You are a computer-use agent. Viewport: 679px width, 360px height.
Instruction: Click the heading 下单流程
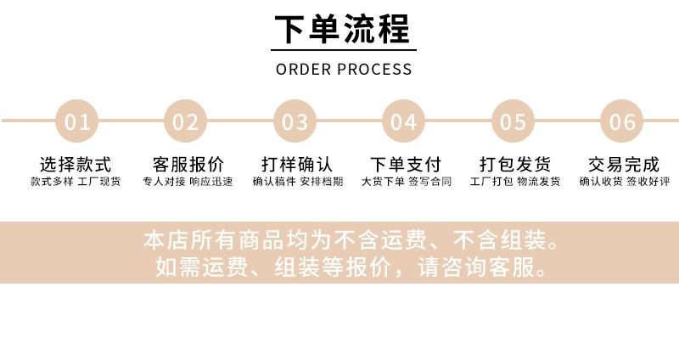click(x=342, y=29)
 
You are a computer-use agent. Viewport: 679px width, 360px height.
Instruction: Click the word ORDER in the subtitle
click(x=304, y=70)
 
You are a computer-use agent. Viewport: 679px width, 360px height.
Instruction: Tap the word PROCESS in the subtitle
click(x=374, y=70)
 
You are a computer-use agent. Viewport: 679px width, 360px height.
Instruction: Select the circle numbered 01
click(x=76, y=121)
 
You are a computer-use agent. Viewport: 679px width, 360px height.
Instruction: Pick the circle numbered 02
click(x=185, y=121)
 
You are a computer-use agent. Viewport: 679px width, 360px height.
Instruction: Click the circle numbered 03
click(x=295, y=121)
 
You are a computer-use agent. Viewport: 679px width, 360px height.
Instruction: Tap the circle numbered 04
click(x=403, y=121)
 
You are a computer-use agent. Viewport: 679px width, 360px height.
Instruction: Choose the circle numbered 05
click(x=513, y=121)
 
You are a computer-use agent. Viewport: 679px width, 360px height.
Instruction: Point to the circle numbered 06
click(x=621, y=121)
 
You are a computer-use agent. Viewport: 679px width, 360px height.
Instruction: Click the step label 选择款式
click(x=76, y=165)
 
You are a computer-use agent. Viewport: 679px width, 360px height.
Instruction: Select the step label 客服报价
click(x=188, y=165)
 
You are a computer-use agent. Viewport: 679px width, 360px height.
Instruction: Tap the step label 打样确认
click(x=297, y=165)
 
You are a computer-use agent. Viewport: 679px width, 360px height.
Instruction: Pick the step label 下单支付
click(x=406, y=165)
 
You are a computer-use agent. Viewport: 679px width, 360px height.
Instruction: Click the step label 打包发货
click(x=515, y=165)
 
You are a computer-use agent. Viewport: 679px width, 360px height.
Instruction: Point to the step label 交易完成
click(x=624, y=165)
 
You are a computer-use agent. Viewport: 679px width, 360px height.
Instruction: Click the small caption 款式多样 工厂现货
click(x=76, y=181)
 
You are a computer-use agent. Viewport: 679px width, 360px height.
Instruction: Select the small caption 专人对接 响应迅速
click(x=188, y=181)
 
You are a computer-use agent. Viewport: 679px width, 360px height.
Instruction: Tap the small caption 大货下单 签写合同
click(x=407, y=181)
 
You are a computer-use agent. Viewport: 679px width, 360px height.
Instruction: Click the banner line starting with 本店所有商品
click(x=351, y=240)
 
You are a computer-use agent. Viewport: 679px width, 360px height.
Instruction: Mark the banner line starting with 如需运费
click(x=351, y=267)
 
